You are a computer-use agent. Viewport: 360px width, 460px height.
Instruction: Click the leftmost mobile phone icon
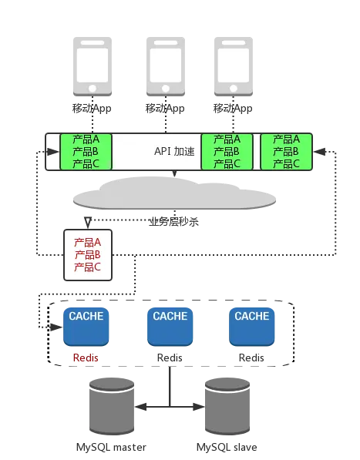pos(93,66)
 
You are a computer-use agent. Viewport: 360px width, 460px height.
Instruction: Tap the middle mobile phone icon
pos(166,66)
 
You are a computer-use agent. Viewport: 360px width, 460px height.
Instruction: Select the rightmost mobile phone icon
pos(234,66)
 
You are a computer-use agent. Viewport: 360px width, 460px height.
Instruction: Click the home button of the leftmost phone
pos(93,88)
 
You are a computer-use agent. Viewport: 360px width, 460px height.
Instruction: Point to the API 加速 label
pos(174,151)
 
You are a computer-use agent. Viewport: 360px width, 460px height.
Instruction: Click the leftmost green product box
pos(86,152)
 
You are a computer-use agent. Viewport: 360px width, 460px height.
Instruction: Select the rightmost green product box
pos(286,152)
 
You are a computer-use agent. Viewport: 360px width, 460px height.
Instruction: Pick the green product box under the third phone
pos(227,152)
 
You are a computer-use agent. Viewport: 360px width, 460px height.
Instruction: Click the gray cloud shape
pos(174,193)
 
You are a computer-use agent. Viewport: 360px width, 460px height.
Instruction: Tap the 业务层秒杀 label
pos(173,222)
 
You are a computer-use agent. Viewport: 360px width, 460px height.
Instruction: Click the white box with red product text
pos(88,255)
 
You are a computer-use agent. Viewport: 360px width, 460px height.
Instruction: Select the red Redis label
pos(86,358)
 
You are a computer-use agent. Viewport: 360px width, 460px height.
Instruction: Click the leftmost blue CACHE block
pos(86,327)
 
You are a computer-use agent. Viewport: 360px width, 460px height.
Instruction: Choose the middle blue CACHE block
pos(170,327)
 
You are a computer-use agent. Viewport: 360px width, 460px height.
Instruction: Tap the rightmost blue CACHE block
pos(252,327)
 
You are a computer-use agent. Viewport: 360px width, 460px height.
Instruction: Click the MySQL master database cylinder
pos(112,407)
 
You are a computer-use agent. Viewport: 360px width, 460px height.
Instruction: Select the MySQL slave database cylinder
pos(227,407)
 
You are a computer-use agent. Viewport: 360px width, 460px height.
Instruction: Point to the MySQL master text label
pos(111,448)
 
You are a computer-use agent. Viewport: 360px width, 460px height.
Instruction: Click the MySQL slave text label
pos(227,448)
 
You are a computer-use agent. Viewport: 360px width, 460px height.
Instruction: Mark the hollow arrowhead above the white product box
pos(88,223)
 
